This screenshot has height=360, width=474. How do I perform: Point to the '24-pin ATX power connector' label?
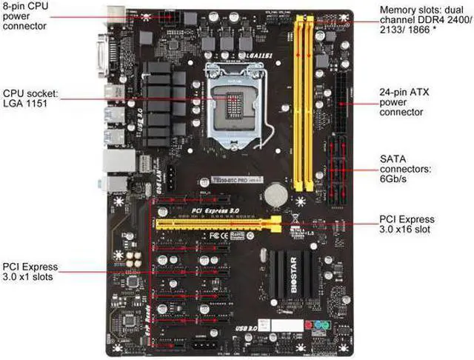pos(403,102)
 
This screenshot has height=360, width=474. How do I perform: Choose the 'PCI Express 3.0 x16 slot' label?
pos(407,224)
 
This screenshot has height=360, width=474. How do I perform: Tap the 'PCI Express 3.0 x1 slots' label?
pos(30,272)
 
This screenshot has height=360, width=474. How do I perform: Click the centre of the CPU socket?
pos(236,103)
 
